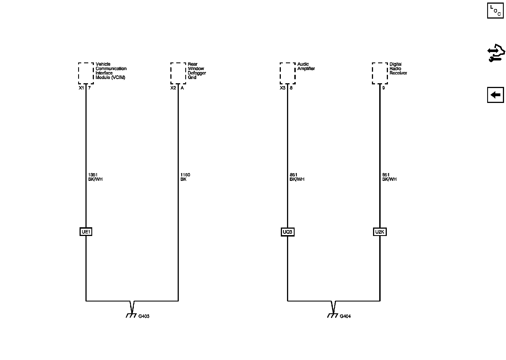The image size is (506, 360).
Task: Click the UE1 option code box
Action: click(x=86, y=232)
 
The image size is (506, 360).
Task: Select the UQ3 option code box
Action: click(x=287, y=232)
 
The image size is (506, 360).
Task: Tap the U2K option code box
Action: click(x=379, y=232)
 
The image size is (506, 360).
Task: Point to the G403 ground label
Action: click(x=144, y=316)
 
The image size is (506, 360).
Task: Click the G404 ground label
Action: click(x=345, y=316)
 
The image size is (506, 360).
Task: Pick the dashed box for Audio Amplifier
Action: click(x=287, y=73)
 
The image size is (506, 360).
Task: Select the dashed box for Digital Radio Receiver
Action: click(x=379, y=73)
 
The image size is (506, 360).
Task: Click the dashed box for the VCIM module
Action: click(x=86, y=73)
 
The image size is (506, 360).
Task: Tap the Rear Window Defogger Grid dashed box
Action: click(x=178, y=73)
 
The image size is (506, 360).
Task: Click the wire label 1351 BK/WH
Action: click(x=95, y=177)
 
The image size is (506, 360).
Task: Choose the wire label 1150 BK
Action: click(x=185, y=177)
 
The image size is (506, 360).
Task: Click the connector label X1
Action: click(x=81, y=88)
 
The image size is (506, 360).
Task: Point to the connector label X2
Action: click(x=173, y=88)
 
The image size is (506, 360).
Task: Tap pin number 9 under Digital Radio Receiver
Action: click(x=383, y=88)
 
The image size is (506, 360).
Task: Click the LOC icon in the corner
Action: click(x=495, y=10)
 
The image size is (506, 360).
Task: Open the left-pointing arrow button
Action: click(x=495, y=95)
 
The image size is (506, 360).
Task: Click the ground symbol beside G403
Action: click(x=131, y=315)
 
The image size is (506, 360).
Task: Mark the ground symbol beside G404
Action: click(x=333, y=315)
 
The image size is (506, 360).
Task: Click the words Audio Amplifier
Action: click(x=306, y=66)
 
